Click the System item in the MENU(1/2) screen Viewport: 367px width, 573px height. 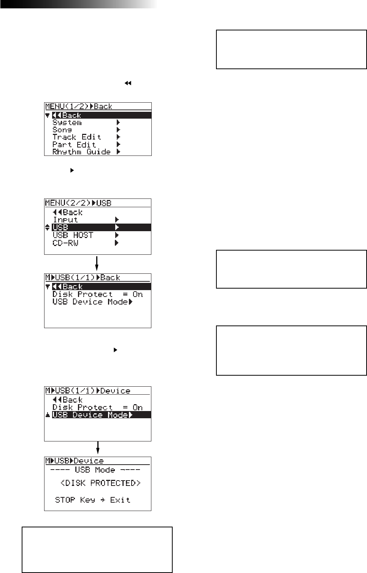(x=67, y=122)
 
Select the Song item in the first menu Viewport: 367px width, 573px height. (x=62, y=130)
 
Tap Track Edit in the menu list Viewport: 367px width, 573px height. (x=77, y=137)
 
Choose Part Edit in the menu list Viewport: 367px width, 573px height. (x=74, y=144)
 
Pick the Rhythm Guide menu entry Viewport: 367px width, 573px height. (x=81, y=152)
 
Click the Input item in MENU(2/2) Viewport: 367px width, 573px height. (x=65, y=220)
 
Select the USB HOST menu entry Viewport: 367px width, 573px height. (x=73, y=235)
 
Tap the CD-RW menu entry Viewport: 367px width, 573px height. (x=65, y=243)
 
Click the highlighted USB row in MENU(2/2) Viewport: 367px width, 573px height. (x=101, y=227)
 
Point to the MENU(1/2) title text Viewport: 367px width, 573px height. (x=67, y=106)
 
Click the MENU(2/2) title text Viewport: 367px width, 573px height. (x=68, y=203)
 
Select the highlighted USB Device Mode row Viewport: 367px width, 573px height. (x=101, y=415)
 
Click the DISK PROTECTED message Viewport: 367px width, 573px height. (x=100, y=483)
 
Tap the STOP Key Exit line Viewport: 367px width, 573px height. (x=92, y=500)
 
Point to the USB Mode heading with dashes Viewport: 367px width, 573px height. (x=95, y=470)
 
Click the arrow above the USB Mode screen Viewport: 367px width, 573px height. (x=98, y=448)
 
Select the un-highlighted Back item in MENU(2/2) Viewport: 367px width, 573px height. (x=68, y=212)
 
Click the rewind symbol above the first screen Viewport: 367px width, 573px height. (x=128, y=83)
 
